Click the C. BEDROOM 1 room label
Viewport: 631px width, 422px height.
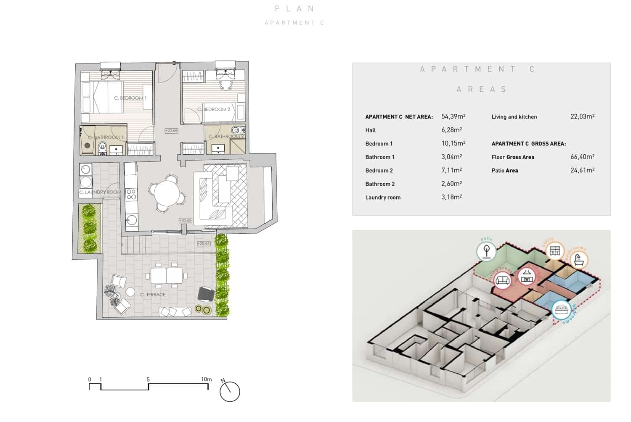tap(130, 98)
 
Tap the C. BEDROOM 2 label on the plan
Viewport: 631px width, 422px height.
tap(214, 109)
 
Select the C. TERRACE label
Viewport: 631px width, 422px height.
tap(153, 295)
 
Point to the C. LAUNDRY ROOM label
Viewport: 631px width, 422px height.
tap(100, 192)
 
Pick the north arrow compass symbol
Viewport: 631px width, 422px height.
tap(230, 391)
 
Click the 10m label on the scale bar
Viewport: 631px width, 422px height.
tap(206, 379)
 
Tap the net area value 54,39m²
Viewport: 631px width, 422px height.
tap(453, 116)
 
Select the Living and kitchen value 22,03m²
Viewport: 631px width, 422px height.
tap(582, 116)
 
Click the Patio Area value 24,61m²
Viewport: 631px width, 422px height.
tap(582, 170)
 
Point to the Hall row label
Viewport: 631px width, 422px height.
tap(370, 130)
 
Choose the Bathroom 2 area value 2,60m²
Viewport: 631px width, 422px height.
tap(451, 184)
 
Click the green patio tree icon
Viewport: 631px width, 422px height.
tap(486, 251)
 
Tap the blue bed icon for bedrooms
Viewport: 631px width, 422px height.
tap(561, 311)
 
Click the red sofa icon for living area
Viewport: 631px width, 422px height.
tap(503, 280)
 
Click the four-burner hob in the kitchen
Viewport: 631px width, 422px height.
tap(131, 194)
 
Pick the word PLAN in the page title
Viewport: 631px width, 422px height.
tap(294, 8)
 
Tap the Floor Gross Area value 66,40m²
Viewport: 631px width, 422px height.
tap(582, 157)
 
